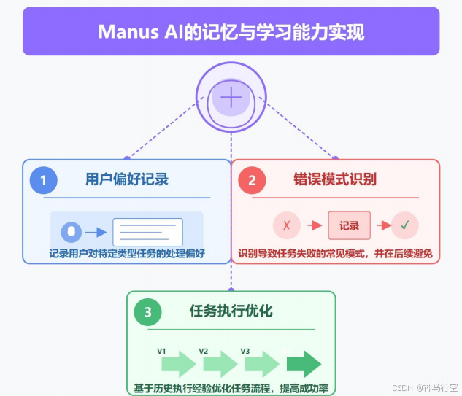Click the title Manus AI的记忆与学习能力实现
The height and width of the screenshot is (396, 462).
231,32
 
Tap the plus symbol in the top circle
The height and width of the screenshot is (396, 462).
231,97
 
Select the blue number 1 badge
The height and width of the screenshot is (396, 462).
44,180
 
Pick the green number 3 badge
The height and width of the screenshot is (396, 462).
148,313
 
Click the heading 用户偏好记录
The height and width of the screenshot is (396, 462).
126,179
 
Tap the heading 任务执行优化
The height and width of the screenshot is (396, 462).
231,311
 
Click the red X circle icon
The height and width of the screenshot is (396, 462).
286,225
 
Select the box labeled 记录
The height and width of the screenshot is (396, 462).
349,225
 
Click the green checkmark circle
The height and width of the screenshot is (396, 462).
404,225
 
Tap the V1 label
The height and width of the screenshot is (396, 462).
162,352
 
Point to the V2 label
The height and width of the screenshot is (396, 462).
204,352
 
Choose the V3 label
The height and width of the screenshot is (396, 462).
245,352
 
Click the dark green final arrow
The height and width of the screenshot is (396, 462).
304,363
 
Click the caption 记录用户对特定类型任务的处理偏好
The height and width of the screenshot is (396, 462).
126,255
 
